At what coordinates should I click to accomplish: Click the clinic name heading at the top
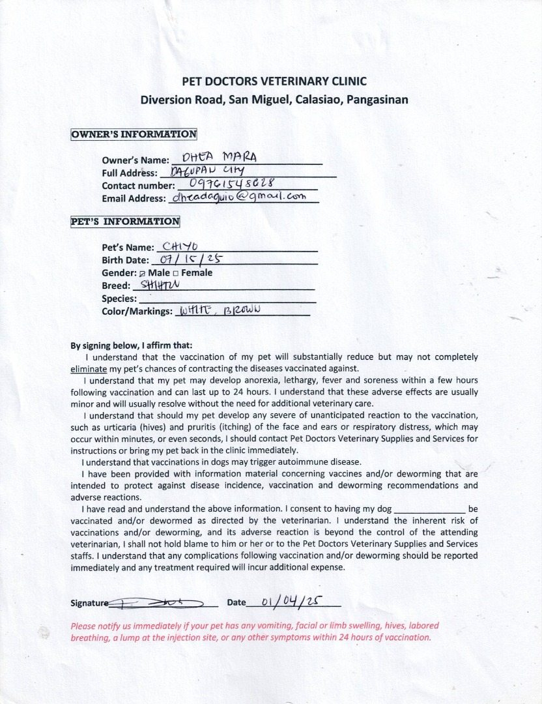point(274,81)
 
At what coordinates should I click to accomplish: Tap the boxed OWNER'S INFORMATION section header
point(134,134)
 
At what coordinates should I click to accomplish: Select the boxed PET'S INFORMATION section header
point(125,221)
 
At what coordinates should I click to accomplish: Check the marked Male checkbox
point(143,273)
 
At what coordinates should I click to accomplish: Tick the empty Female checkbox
point(175,273)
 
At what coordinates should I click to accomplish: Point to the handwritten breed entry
point(159,285)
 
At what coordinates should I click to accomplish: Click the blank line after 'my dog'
point(430,508)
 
